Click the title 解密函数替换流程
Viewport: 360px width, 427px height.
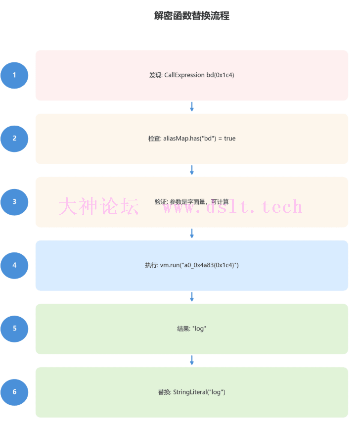[x=192, y=16]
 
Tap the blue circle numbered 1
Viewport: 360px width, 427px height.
[x=14, y=75]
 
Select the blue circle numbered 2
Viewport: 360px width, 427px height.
[x=14, y=138]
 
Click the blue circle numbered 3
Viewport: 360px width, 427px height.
[x=14, y=201]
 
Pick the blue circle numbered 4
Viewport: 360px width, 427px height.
[x=14, y=265]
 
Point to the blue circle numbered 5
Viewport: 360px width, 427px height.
[x=14, y=328]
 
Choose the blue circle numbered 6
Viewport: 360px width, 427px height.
[x=14, y=391]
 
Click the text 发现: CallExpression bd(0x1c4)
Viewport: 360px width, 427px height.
[x=192, y=75]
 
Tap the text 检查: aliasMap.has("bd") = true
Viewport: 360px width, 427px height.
[x=192, y=139]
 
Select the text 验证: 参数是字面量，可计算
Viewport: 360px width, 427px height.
[x=192, y=202]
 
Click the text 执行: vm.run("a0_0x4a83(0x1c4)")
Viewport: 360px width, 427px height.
[x=192, y=265]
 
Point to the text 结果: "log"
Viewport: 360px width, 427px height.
[x=192, y=329]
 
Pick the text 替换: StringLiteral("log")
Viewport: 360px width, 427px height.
[x=192, y=392]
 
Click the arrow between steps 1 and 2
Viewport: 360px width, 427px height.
[x=192, y=107]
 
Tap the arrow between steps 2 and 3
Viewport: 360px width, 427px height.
[x=192, y=170]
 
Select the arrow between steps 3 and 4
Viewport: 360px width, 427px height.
[x=192, y=234]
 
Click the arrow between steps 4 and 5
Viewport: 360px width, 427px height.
[x=192, y=297]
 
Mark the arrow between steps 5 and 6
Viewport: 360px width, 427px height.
[x=192, y=360]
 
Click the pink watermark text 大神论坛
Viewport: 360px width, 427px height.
[x=98, y=206]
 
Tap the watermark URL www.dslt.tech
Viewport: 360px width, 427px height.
[x=232, y=206]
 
